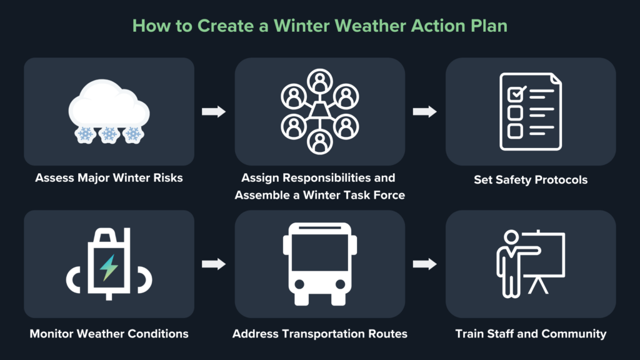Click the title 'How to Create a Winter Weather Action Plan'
click(x=319, y=26)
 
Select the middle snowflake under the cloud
click(x=109, y=134)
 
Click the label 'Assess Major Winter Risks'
click(x=109, y=178)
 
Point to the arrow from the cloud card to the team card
click(x=213, y=112)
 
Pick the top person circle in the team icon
click(x=319, y=80)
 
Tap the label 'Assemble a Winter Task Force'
click(x=319, y=195)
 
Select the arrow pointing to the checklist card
click(x=425, y=112)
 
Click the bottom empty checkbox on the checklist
click(x=515, y=131)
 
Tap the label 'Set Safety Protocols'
click(x=531, y=180)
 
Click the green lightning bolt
click(x=109, y=267)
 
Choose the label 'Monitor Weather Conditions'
click(x=109, y=334)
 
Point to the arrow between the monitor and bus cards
click(x=213, y=264)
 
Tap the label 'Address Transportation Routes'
click(x=319, y=334)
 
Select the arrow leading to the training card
click(x=425, y=264)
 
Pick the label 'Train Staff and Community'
click(x=531, y=334)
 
